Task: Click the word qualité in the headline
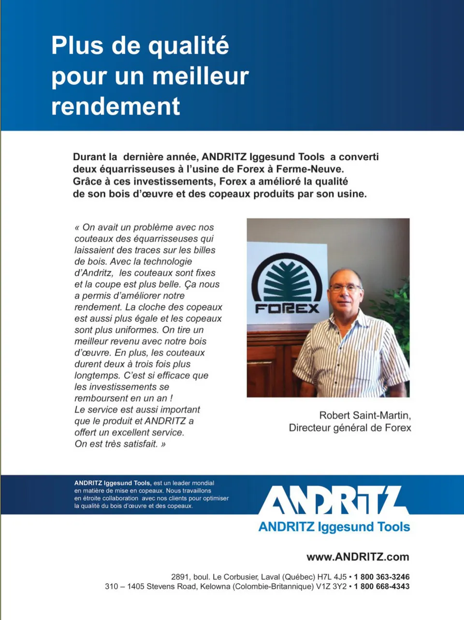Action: [x=188, y=46]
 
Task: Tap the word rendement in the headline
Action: [x=116, y=107]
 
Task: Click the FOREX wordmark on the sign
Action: [x=287, y=308]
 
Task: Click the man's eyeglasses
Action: [x=345, y=288]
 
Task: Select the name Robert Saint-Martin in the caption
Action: [x=365, y=415]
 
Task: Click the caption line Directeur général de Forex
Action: [x=350, y=428]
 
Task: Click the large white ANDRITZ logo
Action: [x=333, y=500]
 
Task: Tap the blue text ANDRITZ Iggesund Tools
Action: [x=334, y=527]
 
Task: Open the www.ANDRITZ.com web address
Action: [x=358, y=557]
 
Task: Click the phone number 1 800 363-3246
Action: [x=381, y=577]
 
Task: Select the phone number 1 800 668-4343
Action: [x=381, y=587]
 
